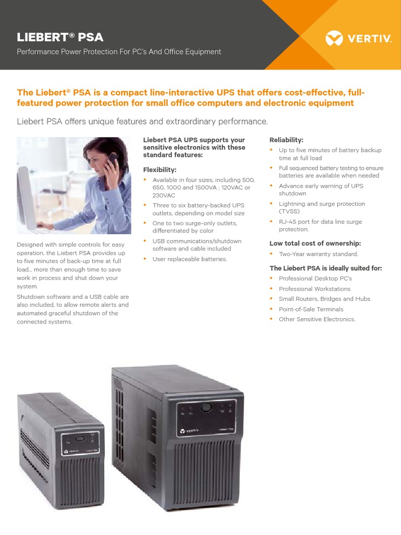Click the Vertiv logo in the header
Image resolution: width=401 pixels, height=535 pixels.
tap(358, 38)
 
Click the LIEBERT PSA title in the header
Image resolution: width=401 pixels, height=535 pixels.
tap(60, 37)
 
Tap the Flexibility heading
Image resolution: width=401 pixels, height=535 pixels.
tap(160, 170)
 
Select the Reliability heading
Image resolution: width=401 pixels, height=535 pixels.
tap(286, 139)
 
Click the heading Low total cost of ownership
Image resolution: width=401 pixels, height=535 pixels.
tap(315, 243)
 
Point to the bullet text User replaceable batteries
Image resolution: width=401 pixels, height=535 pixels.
tap(190, 259)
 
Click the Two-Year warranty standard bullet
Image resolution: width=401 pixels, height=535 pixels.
tap(318, 254)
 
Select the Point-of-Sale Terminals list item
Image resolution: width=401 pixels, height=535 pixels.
tap(311, 309)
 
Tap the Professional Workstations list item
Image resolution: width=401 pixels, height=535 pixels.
tap(314, 289)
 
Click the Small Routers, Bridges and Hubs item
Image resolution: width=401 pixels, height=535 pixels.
tap(324, 299)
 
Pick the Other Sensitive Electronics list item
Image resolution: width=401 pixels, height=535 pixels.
tap(316, 319)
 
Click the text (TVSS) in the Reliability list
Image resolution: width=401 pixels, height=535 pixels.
tap(289, 212)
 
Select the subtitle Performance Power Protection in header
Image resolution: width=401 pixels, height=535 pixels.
tap(119, 52)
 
